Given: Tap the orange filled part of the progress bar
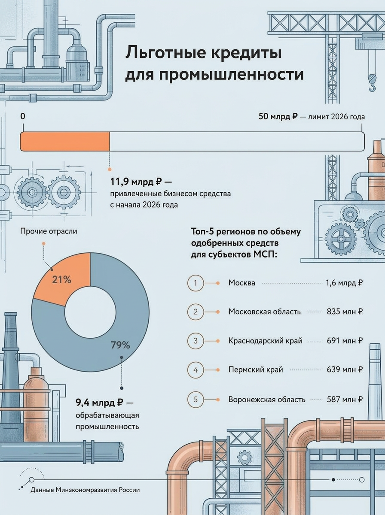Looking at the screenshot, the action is tap(65, 142).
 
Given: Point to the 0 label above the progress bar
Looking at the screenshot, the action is tap(23, 116).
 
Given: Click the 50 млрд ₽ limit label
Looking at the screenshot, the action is tap(278, 116).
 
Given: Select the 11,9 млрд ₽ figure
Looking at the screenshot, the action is tap(136, 182).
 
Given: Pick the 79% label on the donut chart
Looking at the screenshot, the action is tap(120, 345).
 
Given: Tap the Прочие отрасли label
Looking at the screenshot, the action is tap(49, 231).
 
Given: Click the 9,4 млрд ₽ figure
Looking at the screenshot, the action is tap(99, 403).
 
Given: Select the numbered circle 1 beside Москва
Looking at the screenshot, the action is tap(196, 283).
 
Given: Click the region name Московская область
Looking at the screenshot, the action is tap(265, 312).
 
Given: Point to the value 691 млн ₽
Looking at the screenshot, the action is tap(345, 341).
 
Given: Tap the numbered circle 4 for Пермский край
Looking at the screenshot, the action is tap(196, 370).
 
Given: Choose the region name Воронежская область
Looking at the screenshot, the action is tap(267, 399).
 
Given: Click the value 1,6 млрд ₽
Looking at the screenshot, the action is tap(344, 283).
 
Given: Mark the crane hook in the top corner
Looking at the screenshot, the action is tap(372, 83).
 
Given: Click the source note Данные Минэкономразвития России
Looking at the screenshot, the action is tap(85, 490).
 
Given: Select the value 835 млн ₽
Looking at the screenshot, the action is tap(345, 312).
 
